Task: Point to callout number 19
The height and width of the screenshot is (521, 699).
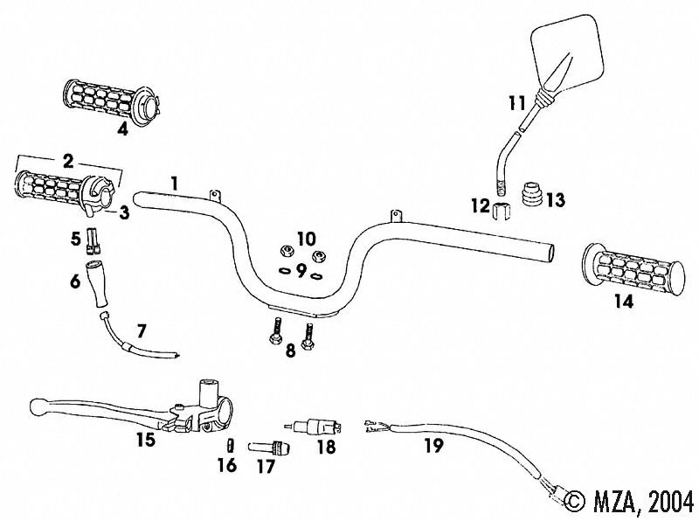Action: coord(433,446)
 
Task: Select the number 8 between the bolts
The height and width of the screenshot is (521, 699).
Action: coord(290,351)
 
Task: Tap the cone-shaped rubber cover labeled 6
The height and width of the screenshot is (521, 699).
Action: coord(96,284)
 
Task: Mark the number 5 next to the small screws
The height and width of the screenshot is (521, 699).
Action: coord(75,238)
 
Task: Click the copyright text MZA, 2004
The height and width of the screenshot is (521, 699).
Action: coord(629,501)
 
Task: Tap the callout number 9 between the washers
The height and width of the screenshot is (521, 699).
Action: coord(301,271)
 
